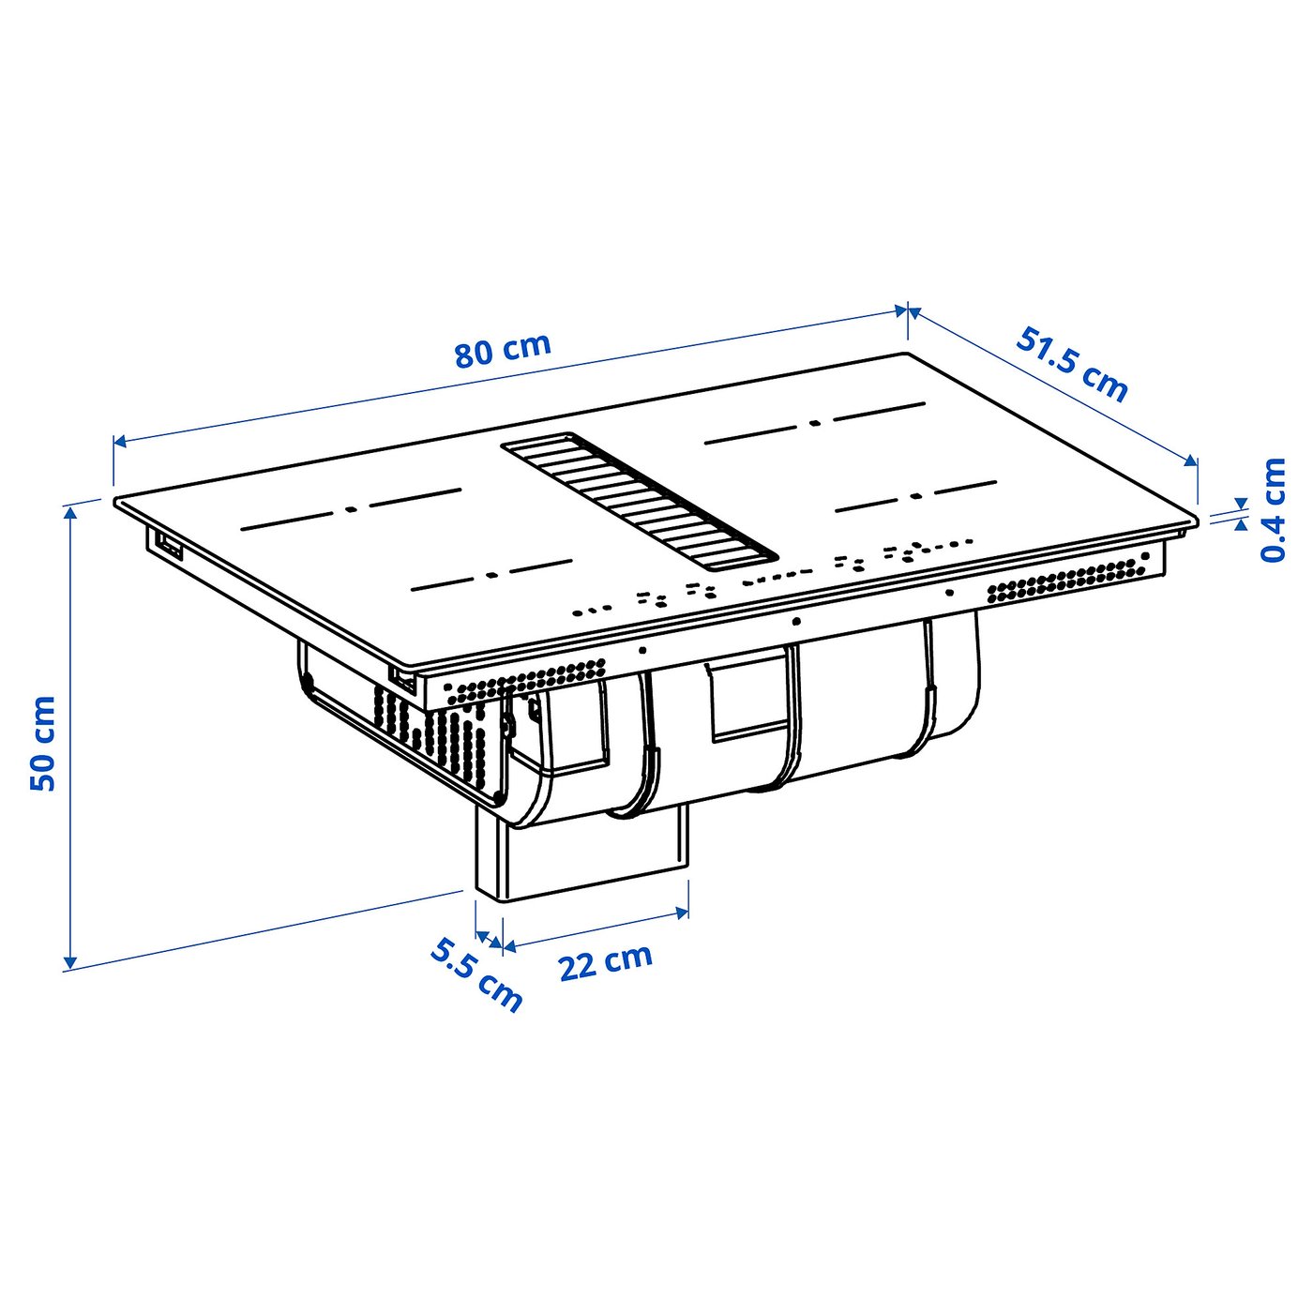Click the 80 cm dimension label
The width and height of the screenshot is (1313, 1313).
click(x=503, y=350)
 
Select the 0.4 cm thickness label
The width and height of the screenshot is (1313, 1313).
click(x=1273, y=510)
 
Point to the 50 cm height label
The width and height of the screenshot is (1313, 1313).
click(x=43, y=743)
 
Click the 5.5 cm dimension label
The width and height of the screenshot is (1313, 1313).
click(x=476, y=975)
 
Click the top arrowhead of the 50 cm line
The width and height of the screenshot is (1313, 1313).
click(x=69, y=512)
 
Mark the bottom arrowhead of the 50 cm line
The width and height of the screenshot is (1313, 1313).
click(x=69, y=962)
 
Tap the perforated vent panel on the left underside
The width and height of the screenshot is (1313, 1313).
click(x=431, y=728)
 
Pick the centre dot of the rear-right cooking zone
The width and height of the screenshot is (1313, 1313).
click(x=814, y=423)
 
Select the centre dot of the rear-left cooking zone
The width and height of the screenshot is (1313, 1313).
click(x=351, y=509)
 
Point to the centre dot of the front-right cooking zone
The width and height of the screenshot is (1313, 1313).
click(x=915, y=496)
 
